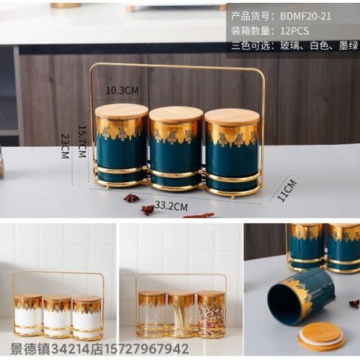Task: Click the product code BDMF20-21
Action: pos(305,17)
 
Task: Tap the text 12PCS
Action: pos(294,31)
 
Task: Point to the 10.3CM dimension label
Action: pos(122,91)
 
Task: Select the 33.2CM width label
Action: pos(171,206)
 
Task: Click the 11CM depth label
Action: pos(287,190)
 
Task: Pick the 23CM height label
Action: pos(65,146)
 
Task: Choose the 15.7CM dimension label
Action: pos(82,142)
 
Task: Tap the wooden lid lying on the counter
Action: pos(322,337)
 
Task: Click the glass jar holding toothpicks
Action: pos(181,313)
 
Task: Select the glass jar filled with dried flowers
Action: pos(211,314)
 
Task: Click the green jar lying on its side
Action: pos(301,297)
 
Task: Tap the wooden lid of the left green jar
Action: pos(122,112)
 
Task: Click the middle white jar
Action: pos(58,315)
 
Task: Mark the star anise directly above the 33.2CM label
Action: pos(131,198)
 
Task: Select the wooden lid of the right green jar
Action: pos(232,117)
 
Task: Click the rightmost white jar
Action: pos(87,317)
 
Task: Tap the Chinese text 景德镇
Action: pos(30,349)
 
